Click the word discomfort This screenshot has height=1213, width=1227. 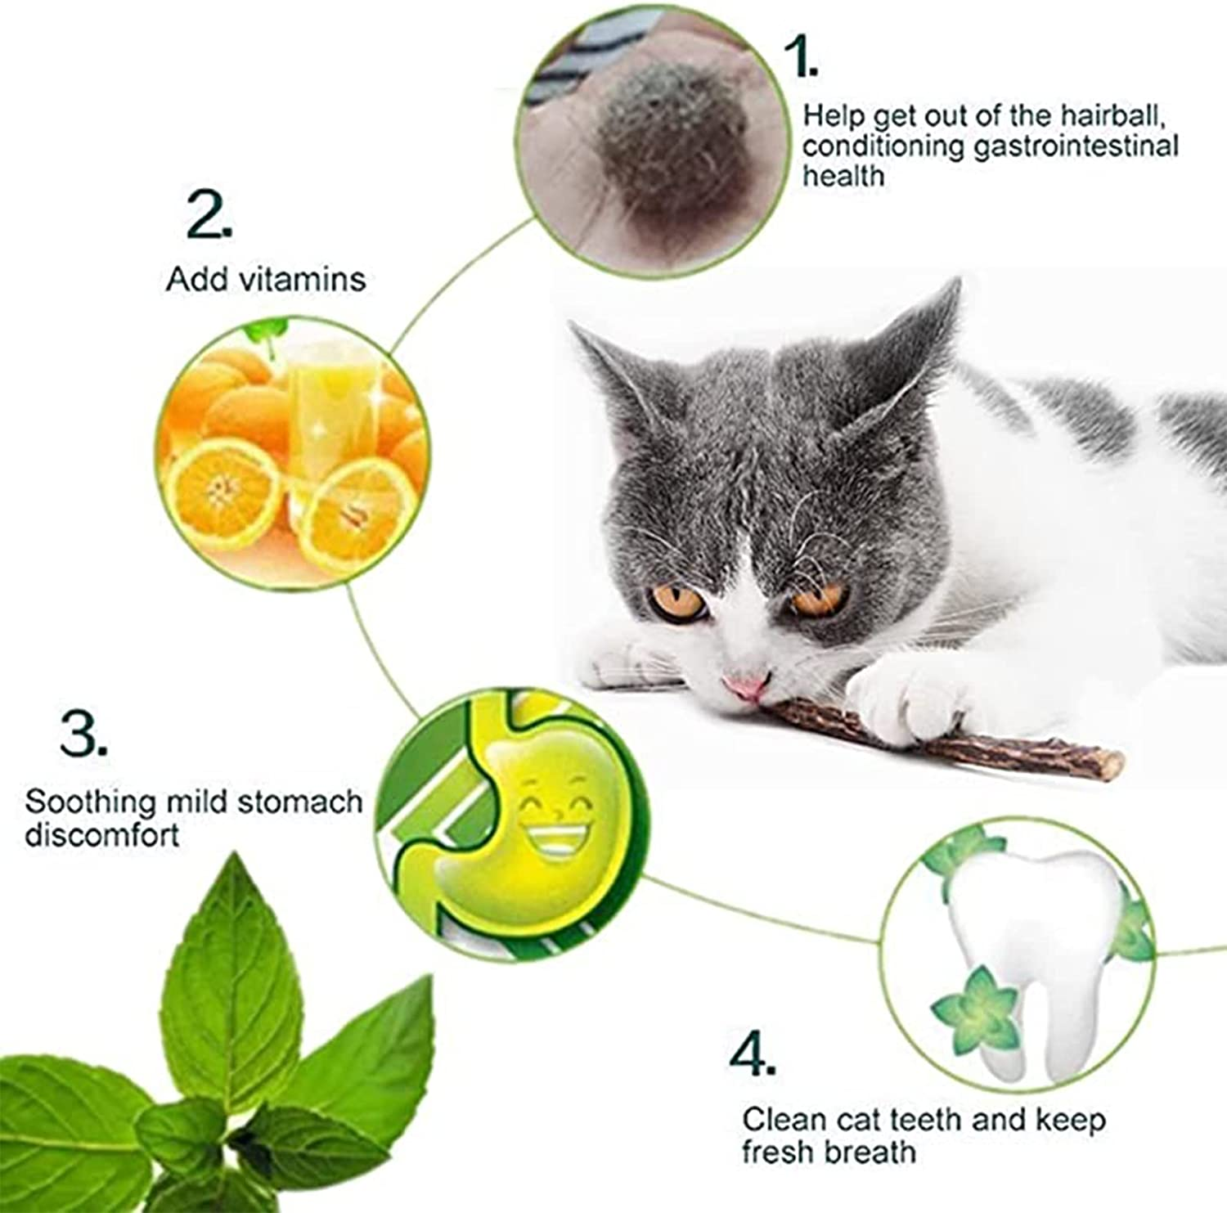click(x=101, y=836)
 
